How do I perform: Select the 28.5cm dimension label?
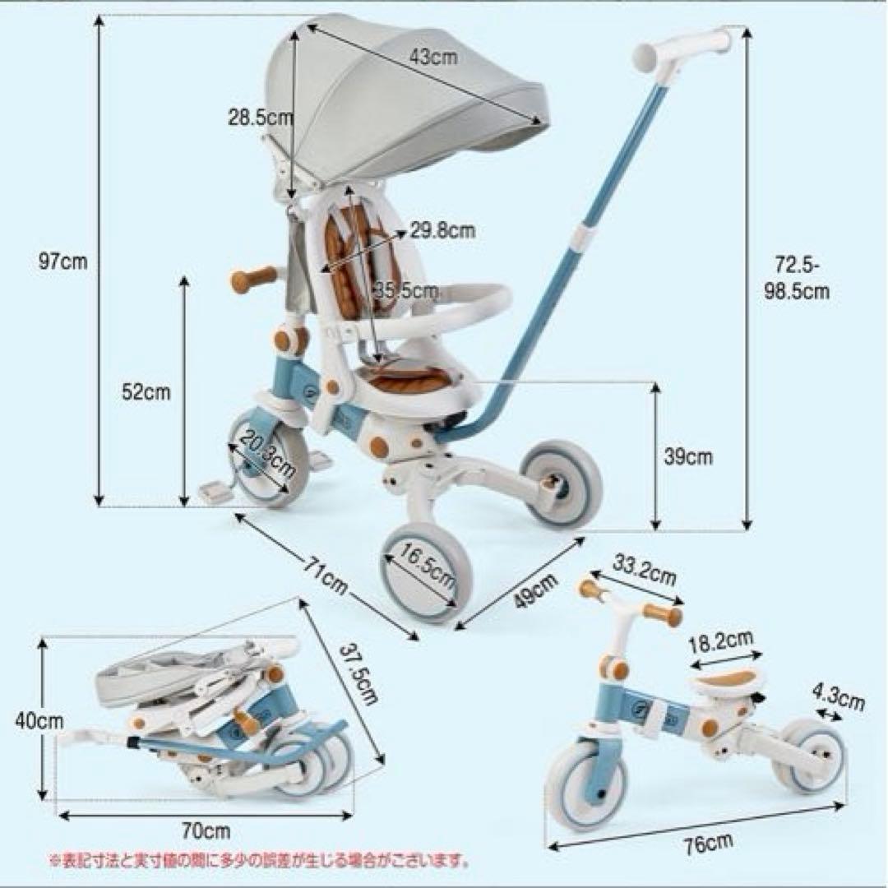click(260, 117)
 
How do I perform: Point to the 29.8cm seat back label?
click(442, 231)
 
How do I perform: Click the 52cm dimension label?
click(146, 392)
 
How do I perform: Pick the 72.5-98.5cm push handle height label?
click(802, 278)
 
